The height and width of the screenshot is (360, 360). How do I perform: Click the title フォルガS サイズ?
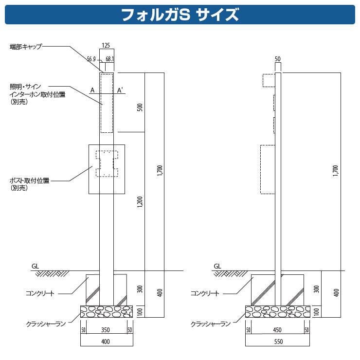click(180, 14)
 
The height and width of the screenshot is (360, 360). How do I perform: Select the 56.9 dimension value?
click(91, 59)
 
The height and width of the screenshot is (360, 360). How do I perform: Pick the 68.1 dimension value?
click(109, 59)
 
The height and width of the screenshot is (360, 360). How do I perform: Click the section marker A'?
click(120, 90)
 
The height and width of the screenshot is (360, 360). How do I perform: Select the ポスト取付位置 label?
click(30, 180)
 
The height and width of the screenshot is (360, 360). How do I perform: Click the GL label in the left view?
click(35, 266)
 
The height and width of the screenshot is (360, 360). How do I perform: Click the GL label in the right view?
click(217, 266)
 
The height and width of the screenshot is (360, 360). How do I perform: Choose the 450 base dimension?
click(277, 330)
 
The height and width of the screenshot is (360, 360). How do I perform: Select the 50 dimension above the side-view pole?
click(278, 59)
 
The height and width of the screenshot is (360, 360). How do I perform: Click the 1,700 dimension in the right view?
click(335, 170)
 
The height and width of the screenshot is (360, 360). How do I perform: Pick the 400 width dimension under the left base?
click(106, 342)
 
